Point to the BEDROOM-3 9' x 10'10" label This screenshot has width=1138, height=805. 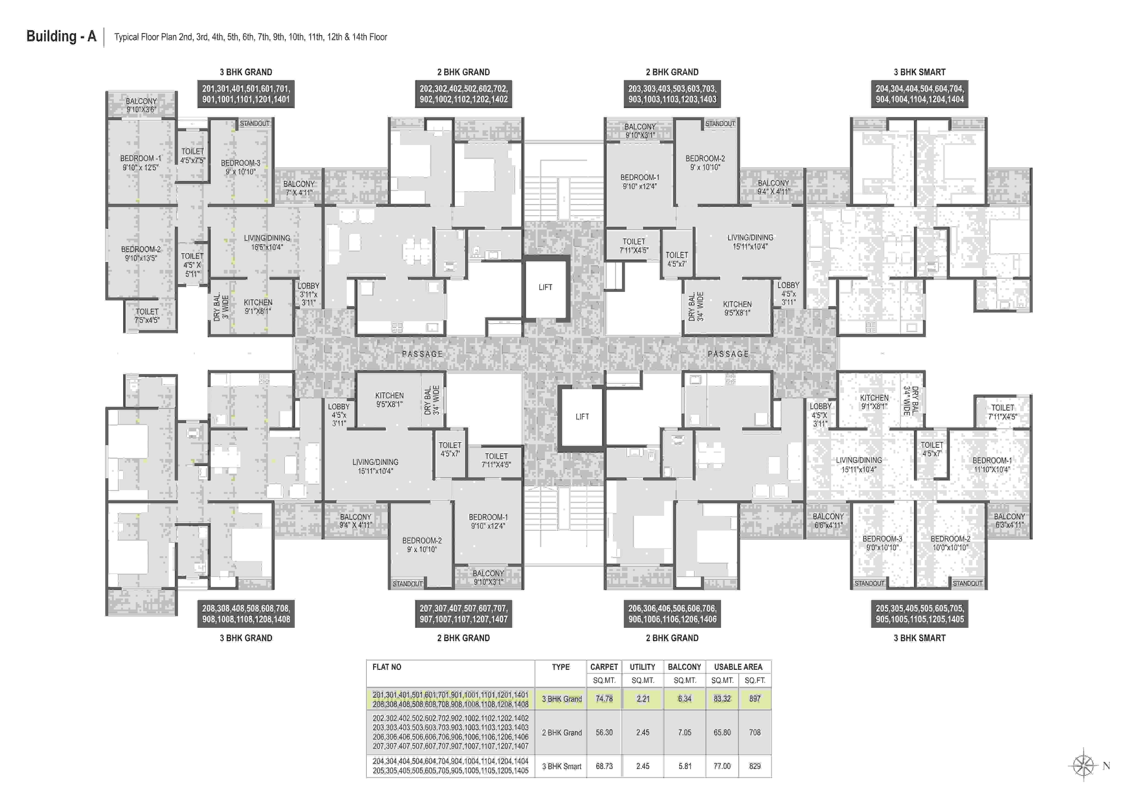(x=240, y=167)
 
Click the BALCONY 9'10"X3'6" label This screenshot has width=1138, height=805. (x=141, y=105)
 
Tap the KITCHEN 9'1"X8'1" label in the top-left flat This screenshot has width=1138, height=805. (x=258, y=307)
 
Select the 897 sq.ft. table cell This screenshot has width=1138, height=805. (x=755, y=699)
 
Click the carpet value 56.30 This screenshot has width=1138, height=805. (x=604, y=732)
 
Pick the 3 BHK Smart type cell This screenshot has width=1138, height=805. (x=562, y=766)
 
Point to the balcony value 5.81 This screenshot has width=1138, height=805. (x=685, y=766)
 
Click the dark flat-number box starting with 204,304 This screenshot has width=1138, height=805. (x=919, y=94)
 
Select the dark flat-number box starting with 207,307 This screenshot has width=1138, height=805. (x=464, y=614)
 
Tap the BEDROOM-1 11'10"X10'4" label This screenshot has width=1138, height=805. (x=992, y=465)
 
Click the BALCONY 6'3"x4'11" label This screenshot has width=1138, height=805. (x=1009, y=521)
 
